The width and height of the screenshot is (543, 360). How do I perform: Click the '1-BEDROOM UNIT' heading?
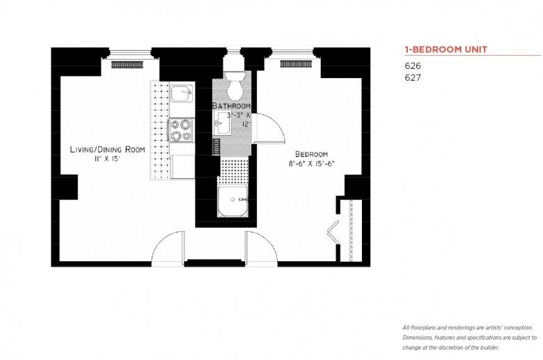[x=446, y=49]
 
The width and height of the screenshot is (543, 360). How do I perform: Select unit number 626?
[x=412, y=65]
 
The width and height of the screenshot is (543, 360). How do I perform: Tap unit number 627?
[x=412, y=77]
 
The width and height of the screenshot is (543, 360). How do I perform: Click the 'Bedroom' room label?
[x=311, y=154]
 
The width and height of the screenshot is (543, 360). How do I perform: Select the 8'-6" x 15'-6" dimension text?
[x=311, y=164]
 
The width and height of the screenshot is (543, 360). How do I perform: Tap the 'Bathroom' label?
[x=231, y=106]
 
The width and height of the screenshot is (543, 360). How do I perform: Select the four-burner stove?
[x=182, y=131]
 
